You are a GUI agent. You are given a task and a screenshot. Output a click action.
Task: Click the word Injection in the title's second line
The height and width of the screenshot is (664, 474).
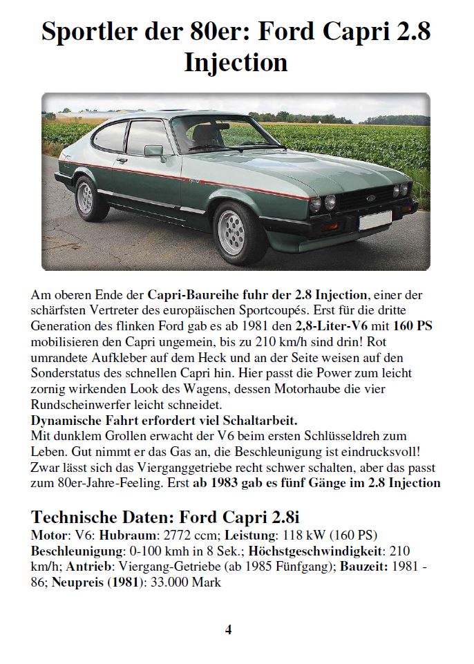236,62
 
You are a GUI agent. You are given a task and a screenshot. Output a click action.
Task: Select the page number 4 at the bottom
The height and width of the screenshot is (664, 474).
228,629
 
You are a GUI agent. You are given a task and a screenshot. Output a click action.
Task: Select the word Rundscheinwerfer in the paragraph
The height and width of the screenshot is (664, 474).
75,404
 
